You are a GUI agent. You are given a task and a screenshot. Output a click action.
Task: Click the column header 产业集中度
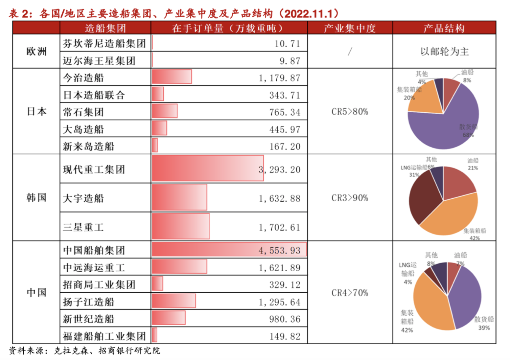tap(350, 28)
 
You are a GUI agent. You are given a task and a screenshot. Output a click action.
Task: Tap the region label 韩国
tap(36, 198)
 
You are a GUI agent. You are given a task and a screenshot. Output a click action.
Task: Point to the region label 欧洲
tap(36, 52)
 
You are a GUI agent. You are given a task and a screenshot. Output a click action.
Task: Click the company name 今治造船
tap(83, 78)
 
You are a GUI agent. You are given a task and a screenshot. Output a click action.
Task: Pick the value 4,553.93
tap(279, 251)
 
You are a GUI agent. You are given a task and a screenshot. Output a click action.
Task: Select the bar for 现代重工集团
tap(207, 168)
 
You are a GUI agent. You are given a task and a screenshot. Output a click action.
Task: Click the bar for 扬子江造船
tap(174, 301)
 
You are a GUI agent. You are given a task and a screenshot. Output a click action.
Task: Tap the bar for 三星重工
tap(180, 226)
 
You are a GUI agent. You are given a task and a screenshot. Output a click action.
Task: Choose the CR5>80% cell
tap(350, 112)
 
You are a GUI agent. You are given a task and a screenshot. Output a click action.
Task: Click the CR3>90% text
tap(350, 198)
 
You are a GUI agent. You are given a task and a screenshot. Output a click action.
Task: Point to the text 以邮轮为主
tap(444, 52)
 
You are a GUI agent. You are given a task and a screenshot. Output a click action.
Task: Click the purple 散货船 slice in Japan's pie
tap(450, 128)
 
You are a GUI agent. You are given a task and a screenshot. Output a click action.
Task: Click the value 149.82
tap(285, 336)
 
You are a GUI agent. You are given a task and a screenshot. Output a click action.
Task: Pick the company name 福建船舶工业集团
tap(104, 336)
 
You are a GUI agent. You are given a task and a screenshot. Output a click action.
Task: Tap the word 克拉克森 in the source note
tap(71, 351)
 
